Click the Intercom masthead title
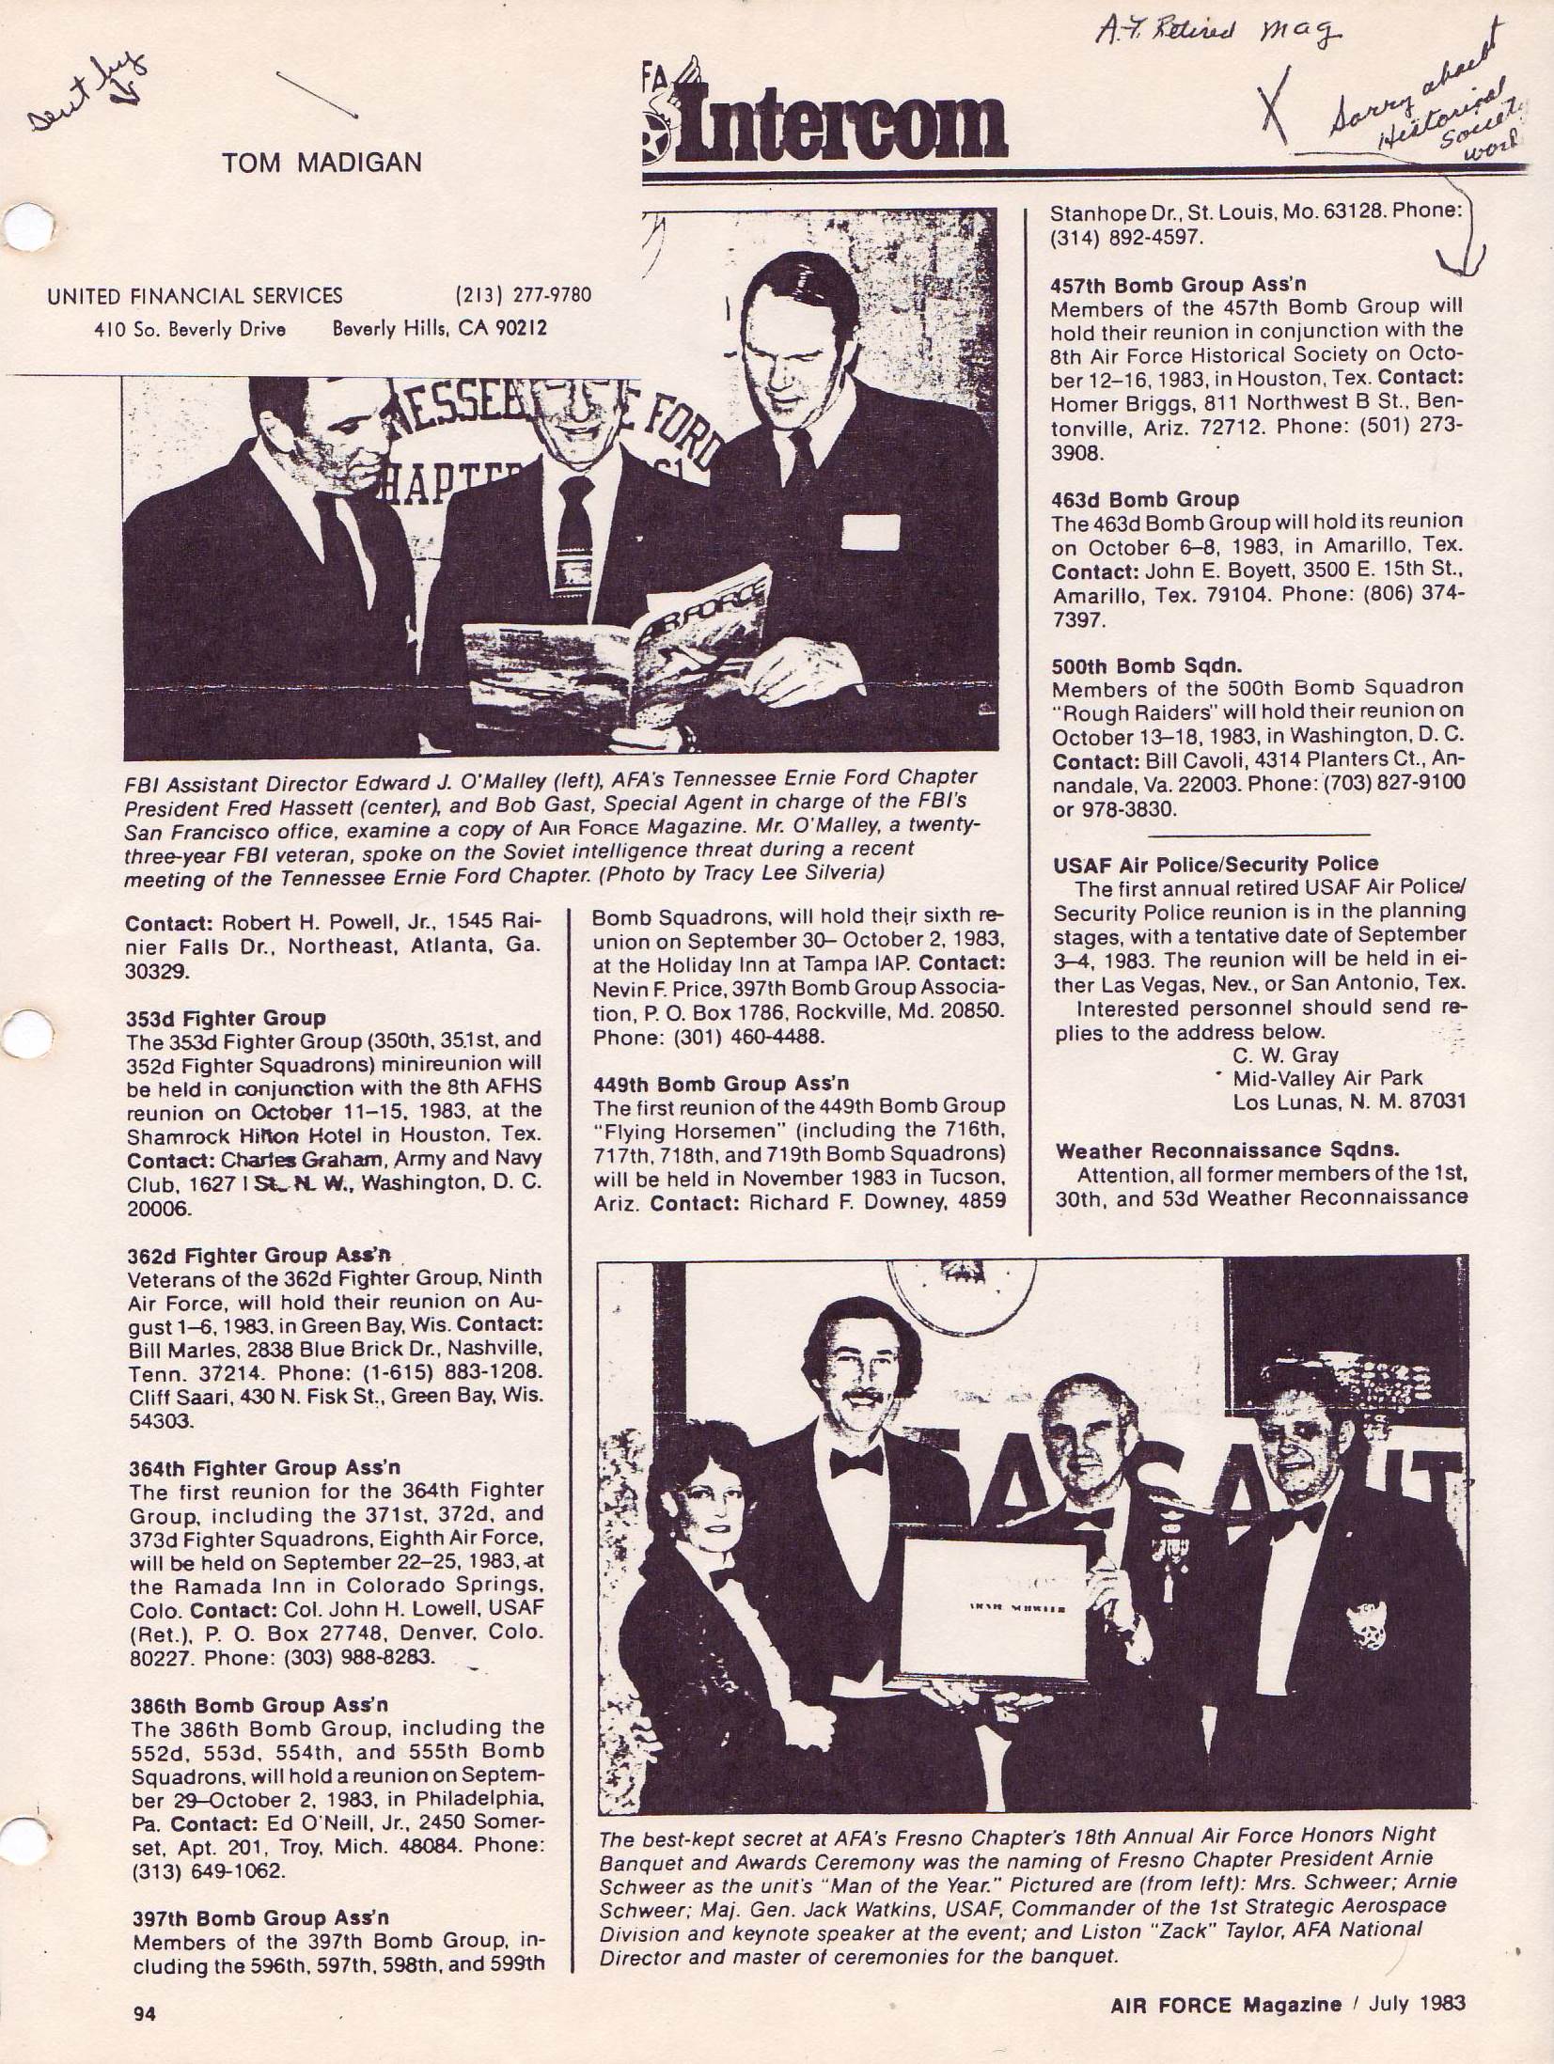pos(846,129)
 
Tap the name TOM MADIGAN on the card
pos(322,163)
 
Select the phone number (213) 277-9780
pos(523,295)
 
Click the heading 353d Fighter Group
pos(226,1018)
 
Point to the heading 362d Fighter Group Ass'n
pos(259,1255)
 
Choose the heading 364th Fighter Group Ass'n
pos(263,1467)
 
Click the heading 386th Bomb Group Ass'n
pos(257,1705)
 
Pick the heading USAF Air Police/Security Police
pos(1216,864)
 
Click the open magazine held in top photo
pos(620,649)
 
